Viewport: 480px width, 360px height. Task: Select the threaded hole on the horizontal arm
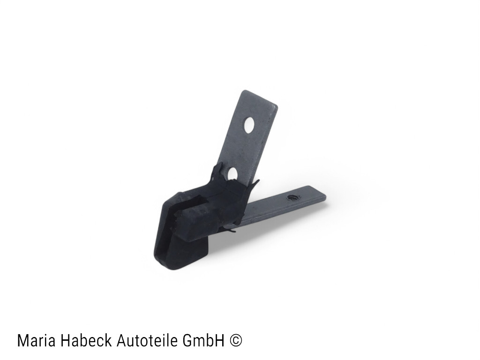click(292, 197)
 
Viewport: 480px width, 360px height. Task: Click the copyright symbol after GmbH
click(237, 341)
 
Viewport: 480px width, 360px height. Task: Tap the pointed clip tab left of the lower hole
click(217, 171)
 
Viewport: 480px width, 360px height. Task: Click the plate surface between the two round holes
click(242, 149)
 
